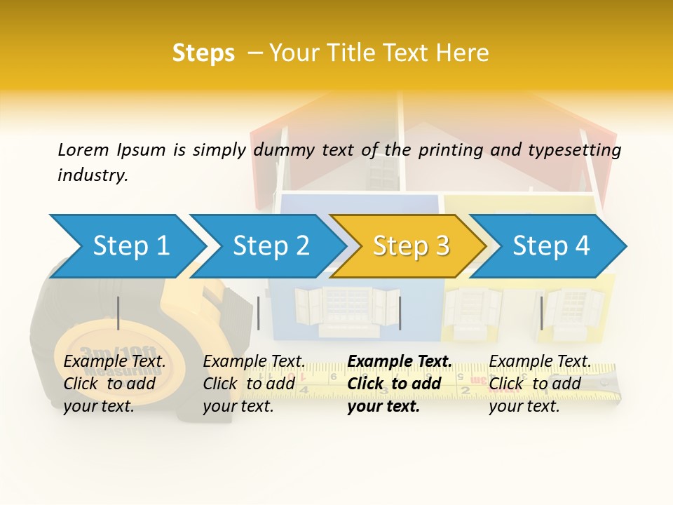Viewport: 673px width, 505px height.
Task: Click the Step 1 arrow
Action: (130, 245)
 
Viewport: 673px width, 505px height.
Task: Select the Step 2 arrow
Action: (271, 245)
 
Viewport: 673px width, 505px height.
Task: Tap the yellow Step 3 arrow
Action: (411, 245)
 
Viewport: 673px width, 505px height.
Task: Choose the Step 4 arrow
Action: (551, 245)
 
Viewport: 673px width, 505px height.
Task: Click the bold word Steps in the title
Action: (203, 53)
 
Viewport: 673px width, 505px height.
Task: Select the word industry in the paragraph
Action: (93, 175)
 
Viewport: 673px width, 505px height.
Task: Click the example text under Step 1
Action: (114, 384)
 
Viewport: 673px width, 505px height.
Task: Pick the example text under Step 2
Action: (254, 384)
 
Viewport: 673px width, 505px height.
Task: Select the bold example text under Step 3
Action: (400, 384)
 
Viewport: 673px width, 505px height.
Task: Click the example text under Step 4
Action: (540, 384)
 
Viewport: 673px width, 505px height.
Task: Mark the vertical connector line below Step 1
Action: (118, 313)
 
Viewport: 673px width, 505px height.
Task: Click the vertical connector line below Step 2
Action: (259, 313)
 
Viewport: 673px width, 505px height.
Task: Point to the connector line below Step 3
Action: (400, 313)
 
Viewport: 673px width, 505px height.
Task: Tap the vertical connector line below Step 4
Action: (541, 313)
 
